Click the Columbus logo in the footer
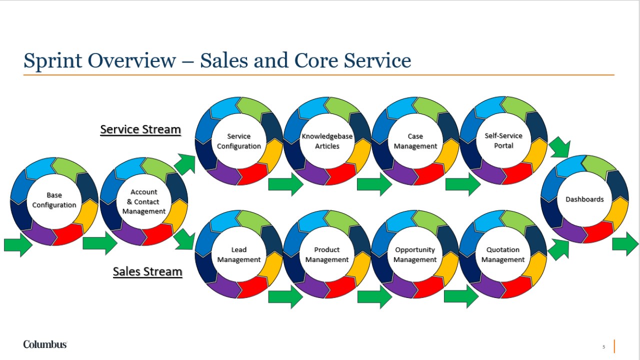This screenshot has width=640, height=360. [x=45, y=344]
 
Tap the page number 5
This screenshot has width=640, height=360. [x=603, y=346]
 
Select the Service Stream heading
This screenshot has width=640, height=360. [x=140, y=129]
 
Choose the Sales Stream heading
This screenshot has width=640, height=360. [x=147, y=271]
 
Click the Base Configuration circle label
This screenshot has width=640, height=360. [x=54, y=200]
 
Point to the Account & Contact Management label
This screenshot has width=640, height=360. [x=143, y=201]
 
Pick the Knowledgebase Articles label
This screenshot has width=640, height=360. [x=327, y=141]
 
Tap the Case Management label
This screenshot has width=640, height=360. [x=415, y=141]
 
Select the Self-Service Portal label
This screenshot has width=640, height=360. [x=503, y=140]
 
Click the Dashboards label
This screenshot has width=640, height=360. [x=584, y=199]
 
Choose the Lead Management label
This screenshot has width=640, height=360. [x=238, y=254]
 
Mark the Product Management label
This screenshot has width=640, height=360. [x=327, y=254]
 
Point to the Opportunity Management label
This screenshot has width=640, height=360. [x=415, y=254]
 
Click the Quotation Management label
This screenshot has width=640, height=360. [x=503, y=254]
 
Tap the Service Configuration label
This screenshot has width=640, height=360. [x=238, y=141]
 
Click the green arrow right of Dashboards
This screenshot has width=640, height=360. [x=625, y=244]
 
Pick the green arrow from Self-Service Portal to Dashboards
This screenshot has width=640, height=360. [x=559, y=147]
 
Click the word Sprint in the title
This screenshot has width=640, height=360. [x=53, y=61]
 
